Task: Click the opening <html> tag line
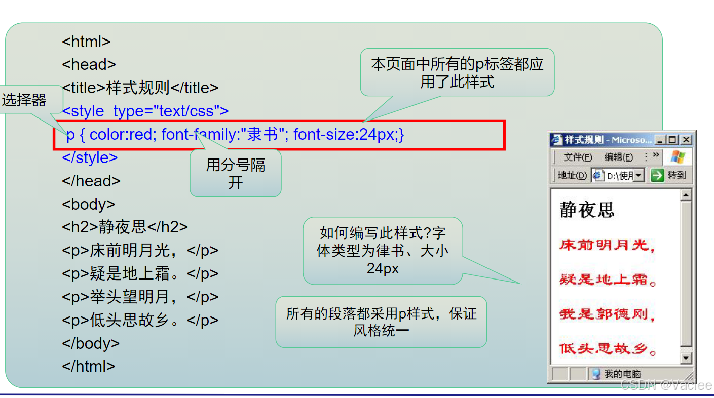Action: click(86, 42)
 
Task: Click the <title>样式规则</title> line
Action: click(140, 88)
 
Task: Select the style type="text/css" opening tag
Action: click(145, 111)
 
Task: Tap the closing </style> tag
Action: click(90, 157)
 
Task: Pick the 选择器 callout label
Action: click(24, 100)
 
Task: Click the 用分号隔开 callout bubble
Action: click(236, 173)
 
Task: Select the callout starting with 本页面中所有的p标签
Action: click(457, 72)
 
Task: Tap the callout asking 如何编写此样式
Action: click(383, 251)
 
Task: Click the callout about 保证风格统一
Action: click(381, 322)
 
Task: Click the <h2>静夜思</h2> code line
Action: click(125, 227)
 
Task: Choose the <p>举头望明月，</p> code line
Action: click(140, 297)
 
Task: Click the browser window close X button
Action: click(686, 140)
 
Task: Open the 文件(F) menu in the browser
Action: click(578, 157)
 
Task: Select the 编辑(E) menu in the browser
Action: click(618, 157)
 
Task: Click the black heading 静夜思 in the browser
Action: click(587, 209)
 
